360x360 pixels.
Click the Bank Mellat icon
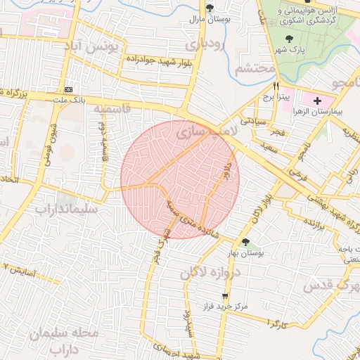click(x=69, y=90)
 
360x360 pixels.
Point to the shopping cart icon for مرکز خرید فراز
click(x=225, y=296)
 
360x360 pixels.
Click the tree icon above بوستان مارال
click(x=210, y=8)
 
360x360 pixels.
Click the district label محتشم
click(x=254, y=69)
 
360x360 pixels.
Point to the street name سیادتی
click(x=252, y=121)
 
